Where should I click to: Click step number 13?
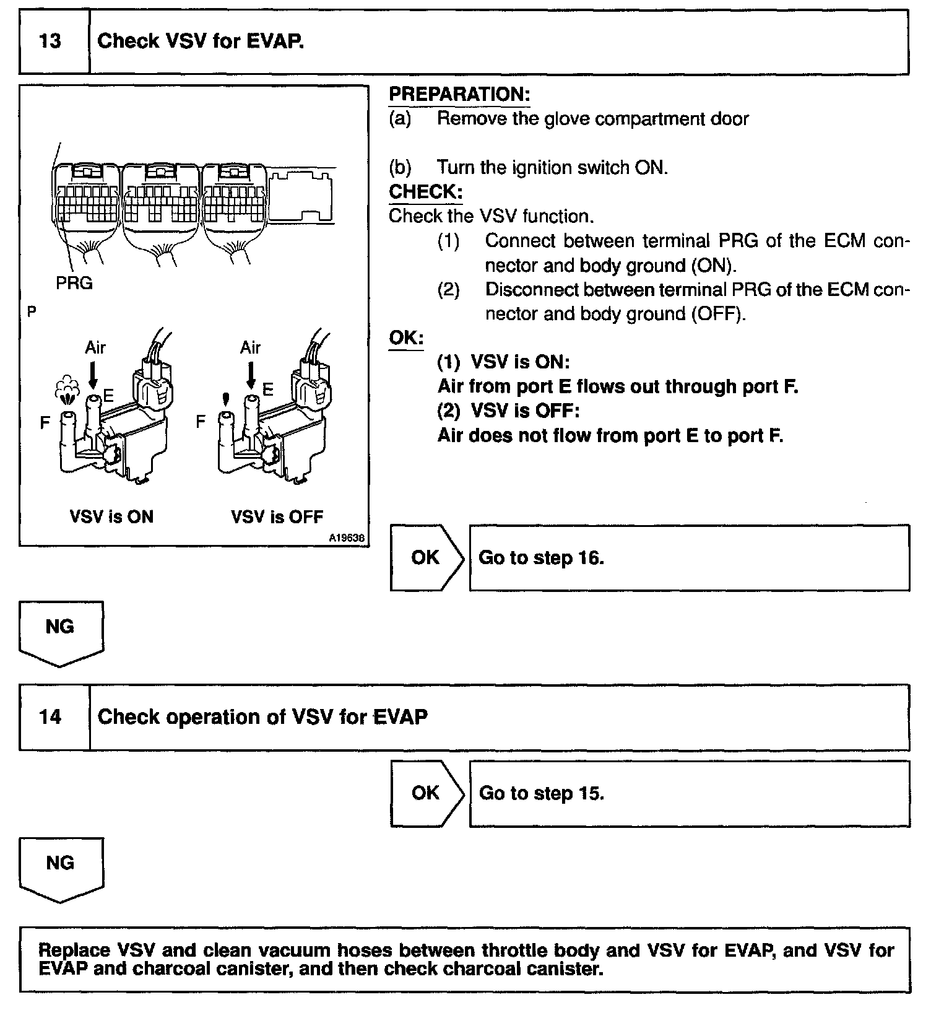tap(50, 41)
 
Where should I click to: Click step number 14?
tap(50, 717)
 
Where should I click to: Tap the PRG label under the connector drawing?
tap(74, 283)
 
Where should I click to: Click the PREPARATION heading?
tap(459, 95)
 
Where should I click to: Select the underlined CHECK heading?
tap(425, 192)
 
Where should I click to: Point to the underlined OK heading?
tap(405, 338)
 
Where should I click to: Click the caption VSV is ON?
tap(111, 516)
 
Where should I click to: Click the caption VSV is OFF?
tap(277, 516)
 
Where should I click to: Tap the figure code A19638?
tap(347, 539)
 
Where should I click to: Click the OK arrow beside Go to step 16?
tap(426, 557)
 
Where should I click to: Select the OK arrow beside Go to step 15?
tap(426, 793)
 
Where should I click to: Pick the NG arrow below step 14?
tap(61, 868)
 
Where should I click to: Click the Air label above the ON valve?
tap(95, 347)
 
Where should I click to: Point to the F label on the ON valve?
tap(45, 423)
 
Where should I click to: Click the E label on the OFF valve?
tap(267, 389)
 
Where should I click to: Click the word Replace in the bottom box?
tap(74, 950)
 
